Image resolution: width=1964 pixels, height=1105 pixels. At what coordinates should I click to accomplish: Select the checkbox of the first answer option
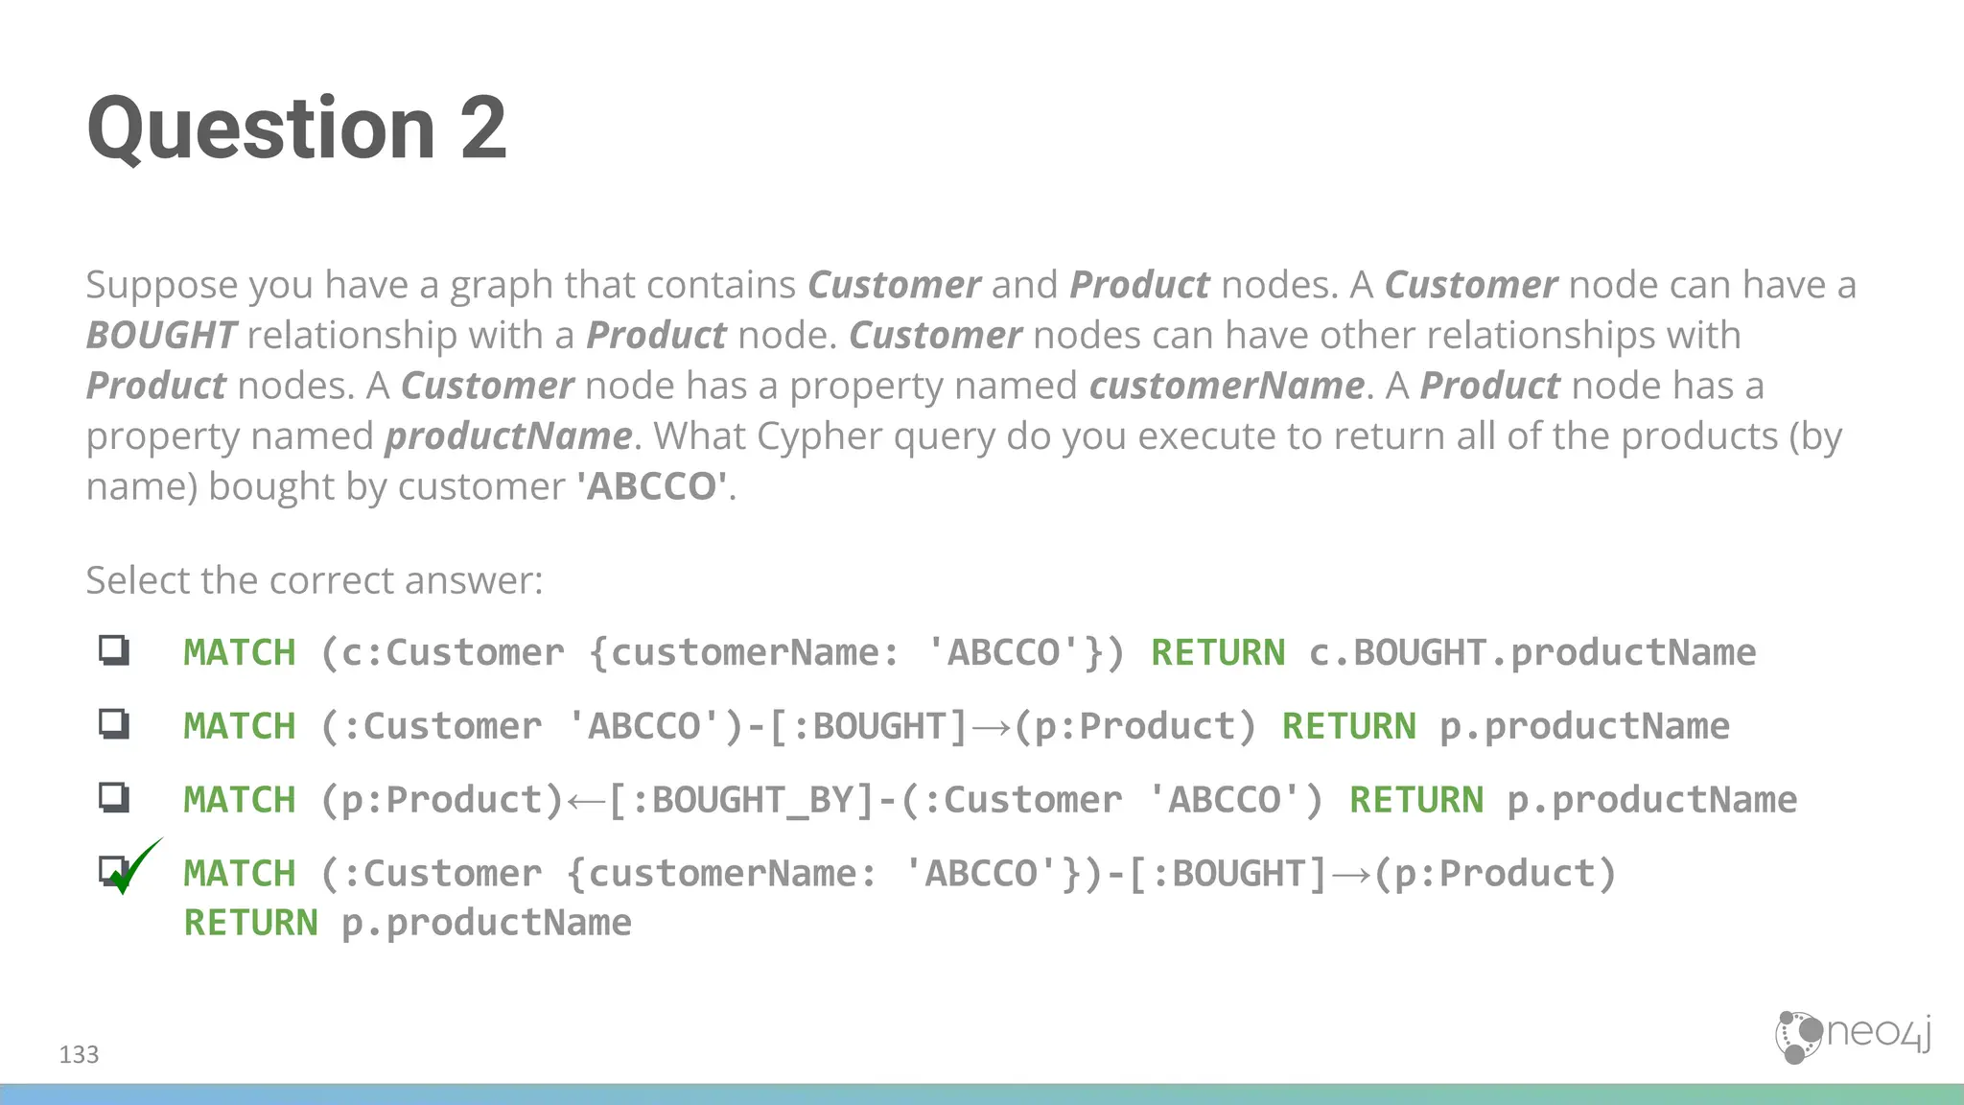[x=114, y=650]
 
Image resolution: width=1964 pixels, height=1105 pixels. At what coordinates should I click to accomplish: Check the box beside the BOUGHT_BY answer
[x=114, y=797]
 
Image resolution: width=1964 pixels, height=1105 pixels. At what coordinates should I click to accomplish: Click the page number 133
[x=79, y=1055]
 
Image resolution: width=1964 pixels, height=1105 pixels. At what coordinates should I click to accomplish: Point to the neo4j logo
[x=1852, y=1036]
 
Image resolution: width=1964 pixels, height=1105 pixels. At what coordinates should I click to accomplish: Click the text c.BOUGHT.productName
[x=1531, y=653]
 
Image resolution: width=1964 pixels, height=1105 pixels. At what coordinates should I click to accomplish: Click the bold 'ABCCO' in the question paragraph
[x=651, y=486]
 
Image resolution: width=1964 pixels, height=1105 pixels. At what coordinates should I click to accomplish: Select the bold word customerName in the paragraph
[x=1227, y=386]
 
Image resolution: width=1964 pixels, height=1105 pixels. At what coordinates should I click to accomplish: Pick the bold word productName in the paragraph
[x=508, y=436]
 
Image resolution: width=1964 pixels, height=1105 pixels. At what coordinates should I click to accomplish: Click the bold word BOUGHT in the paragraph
[x=161, y=336]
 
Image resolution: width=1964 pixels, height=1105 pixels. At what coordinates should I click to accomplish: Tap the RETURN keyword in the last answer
[x=250, y=923]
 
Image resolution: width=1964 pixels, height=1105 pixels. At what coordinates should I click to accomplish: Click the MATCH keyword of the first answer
[x=240, y=653]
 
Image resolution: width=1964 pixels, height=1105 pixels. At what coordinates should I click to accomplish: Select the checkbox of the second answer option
[x=114, y=723]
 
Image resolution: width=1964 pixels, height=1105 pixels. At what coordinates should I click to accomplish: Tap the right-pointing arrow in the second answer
[x=991, y=727]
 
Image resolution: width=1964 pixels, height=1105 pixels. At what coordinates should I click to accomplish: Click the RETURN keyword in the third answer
[x=1415, y=800]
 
